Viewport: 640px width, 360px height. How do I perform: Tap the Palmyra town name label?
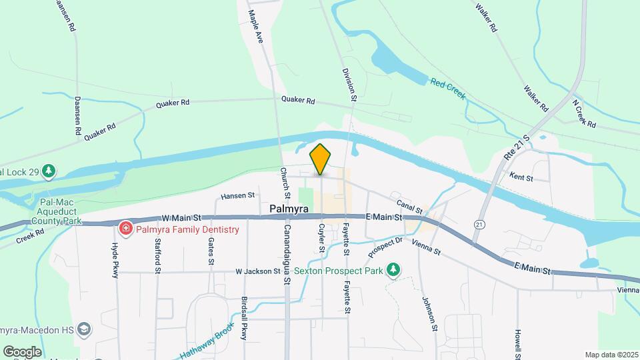coord(288,209)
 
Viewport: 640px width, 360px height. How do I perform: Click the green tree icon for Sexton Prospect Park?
coord(394,269)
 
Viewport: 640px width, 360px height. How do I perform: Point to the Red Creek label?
coord(447,87)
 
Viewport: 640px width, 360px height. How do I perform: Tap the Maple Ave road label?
coord(257,27)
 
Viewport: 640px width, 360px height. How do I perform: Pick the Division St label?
coord(350,85)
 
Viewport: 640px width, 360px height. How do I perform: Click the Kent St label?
coord(521,177)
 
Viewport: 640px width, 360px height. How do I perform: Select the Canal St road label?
coord(409,203)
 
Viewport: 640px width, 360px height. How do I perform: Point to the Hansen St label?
coord(239,196)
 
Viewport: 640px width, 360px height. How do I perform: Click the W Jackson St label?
coord(258,271)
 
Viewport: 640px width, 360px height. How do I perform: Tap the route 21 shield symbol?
coord(479,225)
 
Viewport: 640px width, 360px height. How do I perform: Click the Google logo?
coord(21,351)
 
